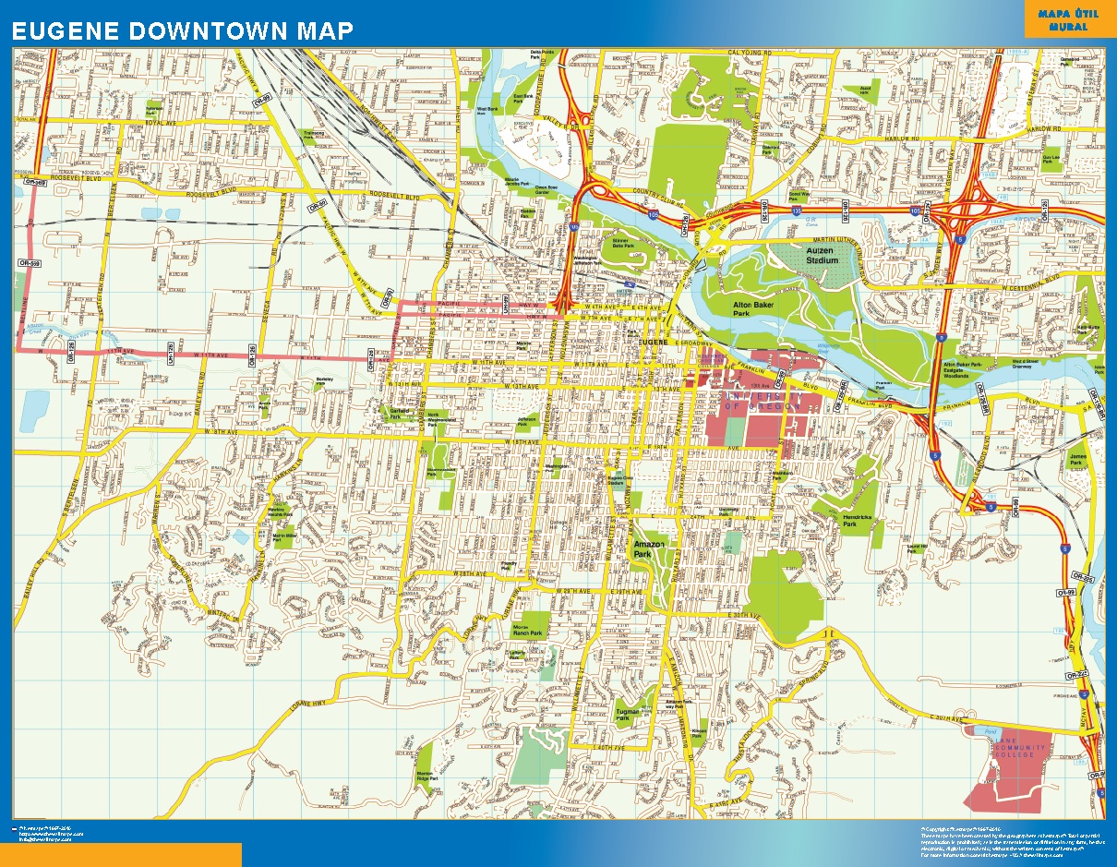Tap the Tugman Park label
(629, 713)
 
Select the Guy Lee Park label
(1050, 158)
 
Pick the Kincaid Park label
(699, 731)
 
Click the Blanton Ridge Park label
(425, 776)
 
